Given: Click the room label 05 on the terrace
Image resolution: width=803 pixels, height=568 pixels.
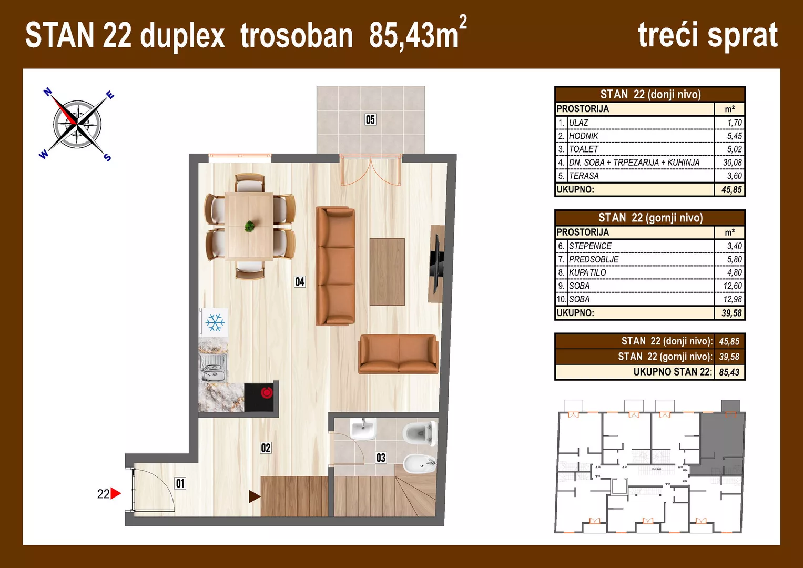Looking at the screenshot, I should tap(370, 119).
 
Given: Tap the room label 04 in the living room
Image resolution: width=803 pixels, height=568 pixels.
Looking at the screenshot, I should tap(300, 281).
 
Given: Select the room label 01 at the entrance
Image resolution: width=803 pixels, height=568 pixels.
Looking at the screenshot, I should tap(180, 483).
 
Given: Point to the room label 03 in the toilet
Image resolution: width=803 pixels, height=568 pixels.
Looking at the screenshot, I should tap(381, 458).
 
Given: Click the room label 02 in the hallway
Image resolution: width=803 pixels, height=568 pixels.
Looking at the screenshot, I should tap(266, 448).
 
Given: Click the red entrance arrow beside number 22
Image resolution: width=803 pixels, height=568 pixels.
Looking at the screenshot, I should tap(116, 493).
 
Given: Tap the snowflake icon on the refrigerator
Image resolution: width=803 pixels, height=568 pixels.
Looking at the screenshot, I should tap(215, 322).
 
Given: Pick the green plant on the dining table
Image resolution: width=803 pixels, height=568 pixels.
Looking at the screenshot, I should tap(249, 227).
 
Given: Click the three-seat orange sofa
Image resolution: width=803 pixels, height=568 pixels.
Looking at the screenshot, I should tap(335, 266).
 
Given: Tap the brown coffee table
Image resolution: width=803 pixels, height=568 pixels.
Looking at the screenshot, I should tap(387, 271).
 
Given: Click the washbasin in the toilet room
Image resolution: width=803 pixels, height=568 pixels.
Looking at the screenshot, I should tap(363, 429).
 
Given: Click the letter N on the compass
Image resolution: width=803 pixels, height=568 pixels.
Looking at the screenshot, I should tap(47, 92).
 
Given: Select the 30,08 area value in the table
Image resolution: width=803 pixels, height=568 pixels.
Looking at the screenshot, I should tap(732, 163).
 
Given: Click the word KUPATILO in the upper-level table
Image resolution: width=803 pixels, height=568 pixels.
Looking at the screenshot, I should tap(587, 272).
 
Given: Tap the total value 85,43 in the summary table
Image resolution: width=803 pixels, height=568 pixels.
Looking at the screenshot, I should tap(729, 372).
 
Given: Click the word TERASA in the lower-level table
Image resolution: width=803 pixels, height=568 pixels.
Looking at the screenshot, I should tap(584, 176).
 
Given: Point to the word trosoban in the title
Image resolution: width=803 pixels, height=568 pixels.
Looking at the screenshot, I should tap(297, 36).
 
